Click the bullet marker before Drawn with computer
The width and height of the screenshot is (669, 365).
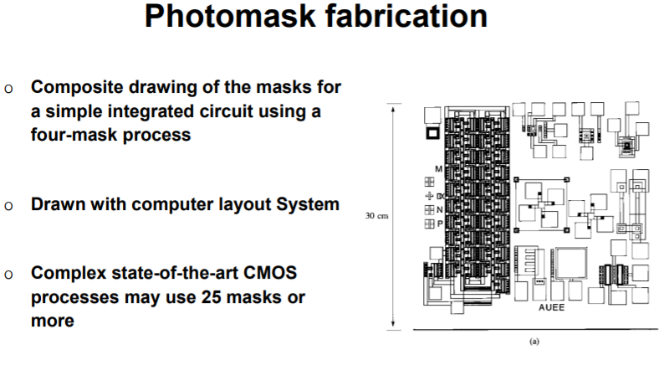click(x=9, y=205)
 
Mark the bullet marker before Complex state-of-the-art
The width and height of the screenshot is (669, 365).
click(x=9, y=275)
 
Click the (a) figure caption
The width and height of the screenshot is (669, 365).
click(x=534, y=341)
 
